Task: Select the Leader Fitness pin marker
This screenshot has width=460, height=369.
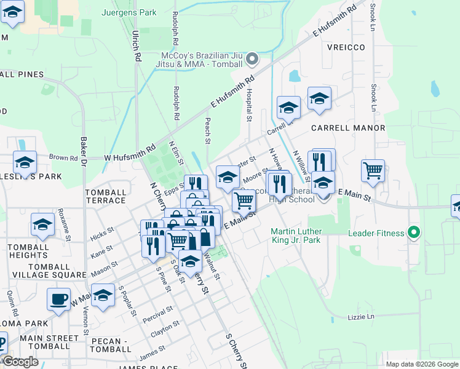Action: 414,233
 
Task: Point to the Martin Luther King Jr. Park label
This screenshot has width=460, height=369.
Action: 296,236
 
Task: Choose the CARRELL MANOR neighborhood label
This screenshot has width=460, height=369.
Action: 347,128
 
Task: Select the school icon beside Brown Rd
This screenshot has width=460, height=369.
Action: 25,162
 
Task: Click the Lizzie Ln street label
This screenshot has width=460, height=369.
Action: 361,317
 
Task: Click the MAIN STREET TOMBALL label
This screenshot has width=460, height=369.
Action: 49,342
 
